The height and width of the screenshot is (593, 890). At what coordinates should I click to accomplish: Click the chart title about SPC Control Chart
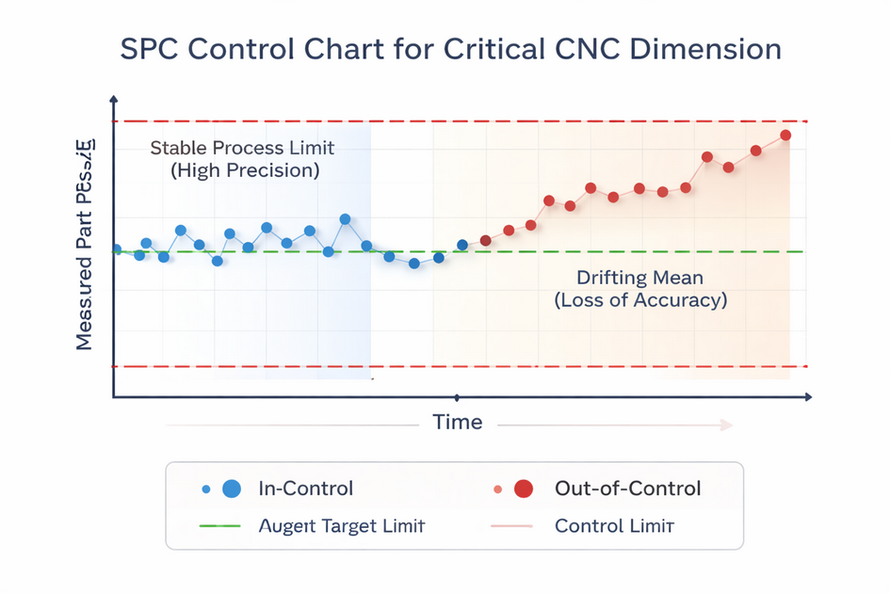tap(451, 49)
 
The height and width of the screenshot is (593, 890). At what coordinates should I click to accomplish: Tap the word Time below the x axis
tap(458, 422)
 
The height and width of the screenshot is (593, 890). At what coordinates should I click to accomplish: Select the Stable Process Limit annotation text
tap(243, 149)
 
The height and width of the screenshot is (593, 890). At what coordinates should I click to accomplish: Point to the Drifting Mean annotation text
tap(639, 279)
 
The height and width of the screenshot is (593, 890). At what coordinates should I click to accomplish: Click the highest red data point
tap(785, 135)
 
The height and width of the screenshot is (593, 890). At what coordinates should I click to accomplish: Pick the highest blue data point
tap(345, 219)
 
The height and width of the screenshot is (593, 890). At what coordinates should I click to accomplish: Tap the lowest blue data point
tap(413, 264)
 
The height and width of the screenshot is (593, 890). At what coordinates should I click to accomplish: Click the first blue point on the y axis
tap(116, 249)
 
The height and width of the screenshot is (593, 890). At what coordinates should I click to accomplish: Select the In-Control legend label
tap(306, 488)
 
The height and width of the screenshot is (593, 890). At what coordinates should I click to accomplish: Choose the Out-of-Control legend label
tap(628, 488)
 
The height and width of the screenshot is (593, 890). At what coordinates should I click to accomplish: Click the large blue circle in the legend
tap(232, 488)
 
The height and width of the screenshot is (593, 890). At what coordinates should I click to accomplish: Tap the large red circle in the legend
tap(524, 488)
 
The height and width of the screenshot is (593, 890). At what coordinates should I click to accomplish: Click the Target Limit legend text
tap(342, 525)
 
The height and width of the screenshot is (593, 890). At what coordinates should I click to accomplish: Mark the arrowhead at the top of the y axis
tap(114, 99)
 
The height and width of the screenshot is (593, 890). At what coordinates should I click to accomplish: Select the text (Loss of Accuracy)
tap(640, 301)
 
